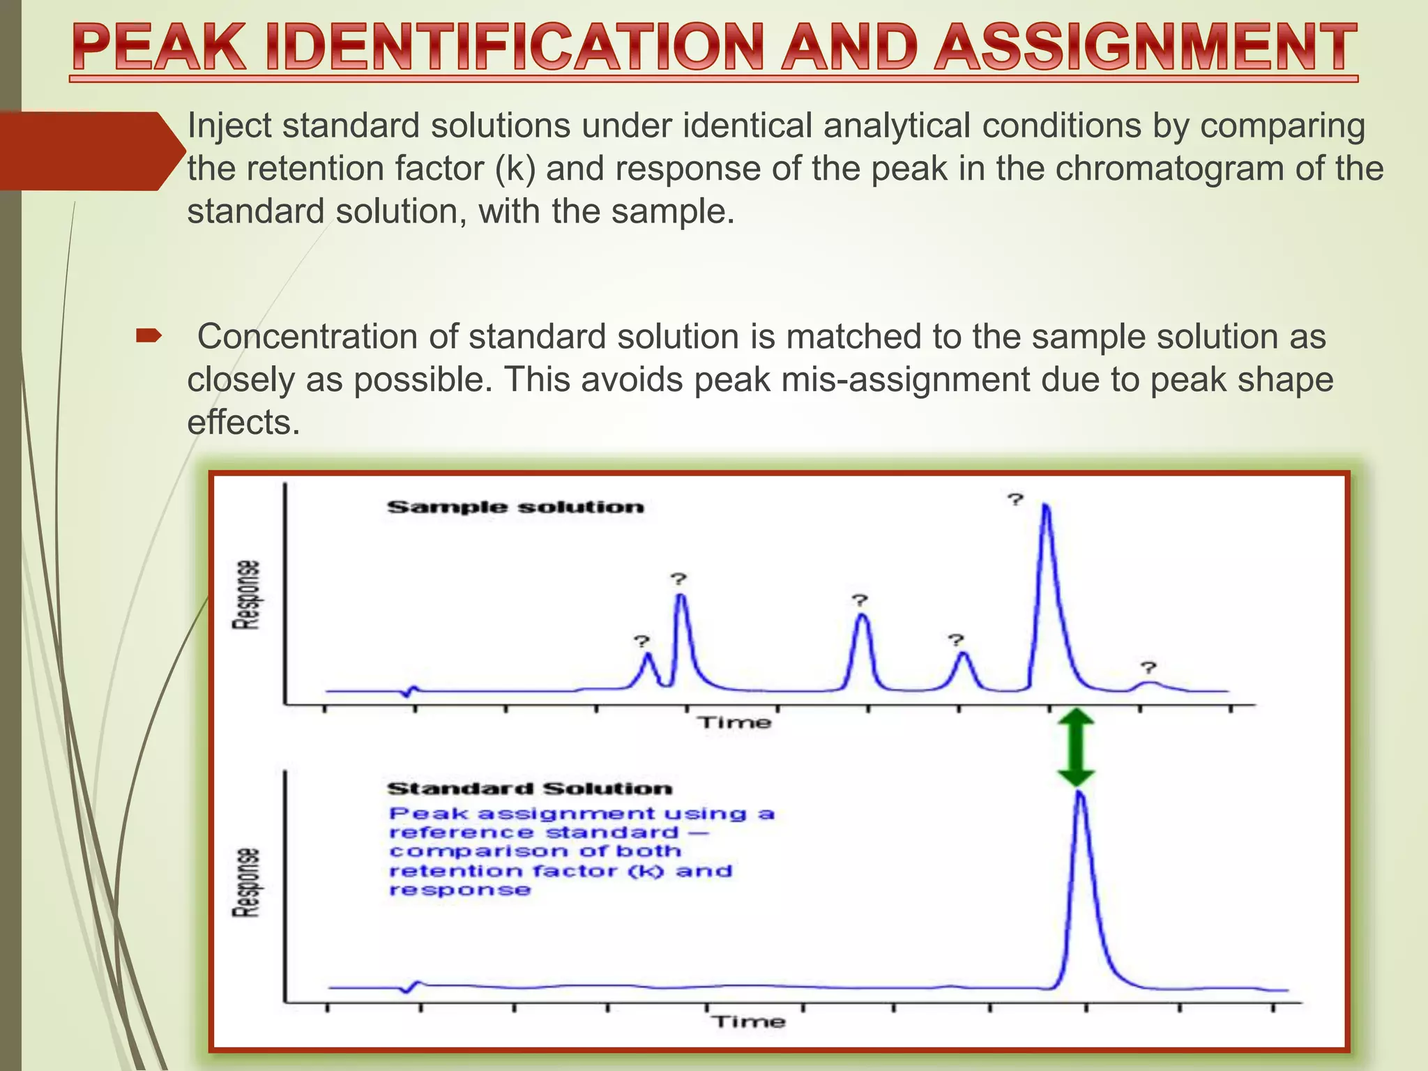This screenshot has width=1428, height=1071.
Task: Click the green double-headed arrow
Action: point(1076,748)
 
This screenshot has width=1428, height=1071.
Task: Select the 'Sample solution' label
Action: point(515,507)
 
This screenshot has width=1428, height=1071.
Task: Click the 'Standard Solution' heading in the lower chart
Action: point(530,789)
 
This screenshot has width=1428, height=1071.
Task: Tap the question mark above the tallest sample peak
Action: point(1015,499)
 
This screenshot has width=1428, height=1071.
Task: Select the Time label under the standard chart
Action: point(748,1022)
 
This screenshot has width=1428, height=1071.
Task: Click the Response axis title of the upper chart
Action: point(246,595)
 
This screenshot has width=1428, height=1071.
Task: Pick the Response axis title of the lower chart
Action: point(246,882)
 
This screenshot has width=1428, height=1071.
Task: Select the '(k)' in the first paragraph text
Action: point(515,169)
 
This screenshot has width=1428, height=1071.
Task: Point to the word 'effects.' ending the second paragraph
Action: point(243,423)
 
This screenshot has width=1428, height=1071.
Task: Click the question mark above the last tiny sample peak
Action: point(1148,667)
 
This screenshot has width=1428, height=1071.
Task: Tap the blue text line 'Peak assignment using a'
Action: point(582,814)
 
